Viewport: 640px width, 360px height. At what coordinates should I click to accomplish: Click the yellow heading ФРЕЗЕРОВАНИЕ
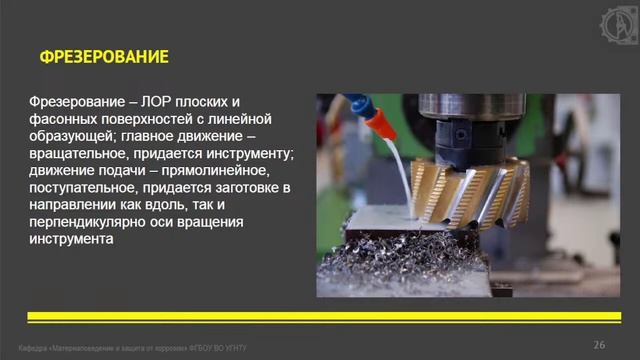pyautogui.click(x=104, y=57)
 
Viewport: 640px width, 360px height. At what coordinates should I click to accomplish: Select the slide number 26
pyautogui.click(x=599, y=344)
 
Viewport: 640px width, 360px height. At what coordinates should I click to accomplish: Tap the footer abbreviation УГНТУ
pyautogui.click(x=231, y=347)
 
